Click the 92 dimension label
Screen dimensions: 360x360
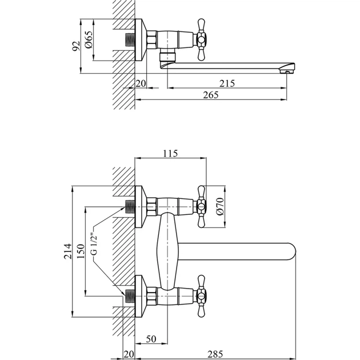[x=76, y=46]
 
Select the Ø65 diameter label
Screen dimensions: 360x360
[x=89, y=39]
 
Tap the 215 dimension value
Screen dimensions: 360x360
[x=227, y=83]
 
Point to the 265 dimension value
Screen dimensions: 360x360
[x=211, y=95]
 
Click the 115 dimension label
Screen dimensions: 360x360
[x=170, y=153]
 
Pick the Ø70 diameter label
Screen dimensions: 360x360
[x=220, y=206]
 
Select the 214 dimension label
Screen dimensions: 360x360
[x=68, y=251]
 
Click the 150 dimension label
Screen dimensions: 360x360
[x=81, y=251]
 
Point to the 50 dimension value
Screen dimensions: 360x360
[x=151, y=339]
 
